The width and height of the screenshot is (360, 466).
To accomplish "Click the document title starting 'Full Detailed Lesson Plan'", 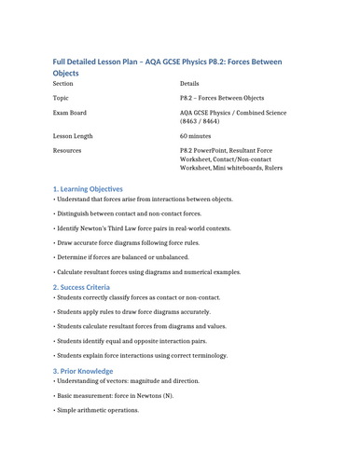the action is point(167,62).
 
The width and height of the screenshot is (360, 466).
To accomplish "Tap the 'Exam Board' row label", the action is point(70,113).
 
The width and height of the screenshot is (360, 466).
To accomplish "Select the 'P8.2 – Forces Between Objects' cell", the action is point(232,97).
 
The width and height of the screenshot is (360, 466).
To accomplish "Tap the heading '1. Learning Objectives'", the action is point(100,188).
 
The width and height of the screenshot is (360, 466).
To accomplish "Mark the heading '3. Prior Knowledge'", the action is point(96,370).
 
